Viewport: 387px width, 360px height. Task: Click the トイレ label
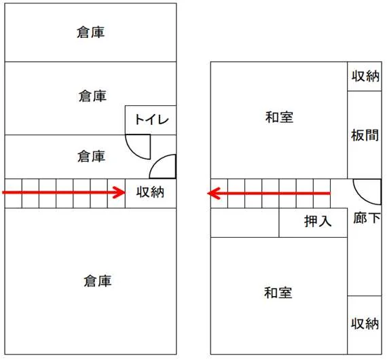click(x=151, y=120)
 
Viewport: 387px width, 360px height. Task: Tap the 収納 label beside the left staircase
click(x=150, y=192)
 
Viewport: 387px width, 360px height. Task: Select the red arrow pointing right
click(x=64, y=192)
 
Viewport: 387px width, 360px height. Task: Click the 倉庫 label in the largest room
click(x=98, y=281)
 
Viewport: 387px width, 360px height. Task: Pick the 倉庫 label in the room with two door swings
click(x=92, y=156)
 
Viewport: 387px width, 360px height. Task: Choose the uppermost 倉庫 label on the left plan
click(x=90, y=33)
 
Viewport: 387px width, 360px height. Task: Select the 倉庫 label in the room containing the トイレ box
click(x=92, y=96)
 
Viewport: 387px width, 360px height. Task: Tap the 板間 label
click(x=365, y=135)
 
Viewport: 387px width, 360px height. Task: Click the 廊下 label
click(x=367, y=218)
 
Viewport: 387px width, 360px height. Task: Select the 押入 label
click(x=318, y=221)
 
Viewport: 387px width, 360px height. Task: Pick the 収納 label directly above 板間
click(x=365, y=76)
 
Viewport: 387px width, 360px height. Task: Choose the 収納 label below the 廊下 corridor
click(x=365, y=323)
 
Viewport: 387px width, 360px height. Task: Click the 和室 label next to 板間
click(x=279, y=118)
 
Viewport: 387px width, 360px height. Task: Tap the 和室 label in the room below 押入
click(x=278, y=293)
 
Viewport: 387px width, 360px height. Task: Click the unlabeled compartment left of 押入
click(x=245, y=223)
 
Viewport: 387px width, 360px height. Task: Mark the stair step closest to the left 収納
click(x=117, y=194)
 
